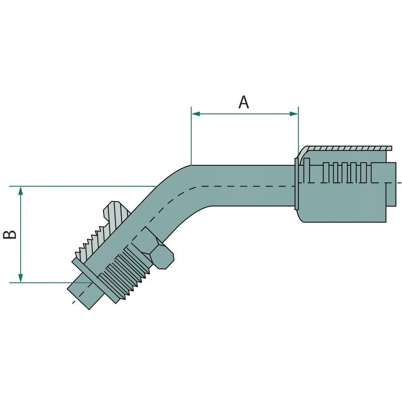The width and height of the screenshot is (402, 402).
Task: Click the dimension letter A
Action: pyautogui.click(x=244, y=102)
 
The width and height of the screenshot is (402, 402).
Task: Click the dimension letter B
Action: pyautogui.click(x=11, y=234)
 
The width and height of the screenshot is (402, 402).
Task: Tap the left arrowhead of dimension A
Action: pyautogui.click(x=195, y=114)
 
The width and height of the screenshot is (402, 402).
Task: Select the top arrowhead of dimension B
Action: pyautogui.click(x=21, y=190)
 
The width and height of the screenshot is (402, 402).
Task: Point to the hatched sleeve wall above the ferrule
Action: pyautogui.click(x=347, y=149)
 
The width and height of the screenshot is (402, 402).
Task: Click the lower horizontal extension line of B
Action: pyautogui.click(x=45, y=282)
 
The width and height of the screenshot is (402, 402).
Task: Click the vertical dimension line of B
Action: pyautogui.click(x=21, y=234)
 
